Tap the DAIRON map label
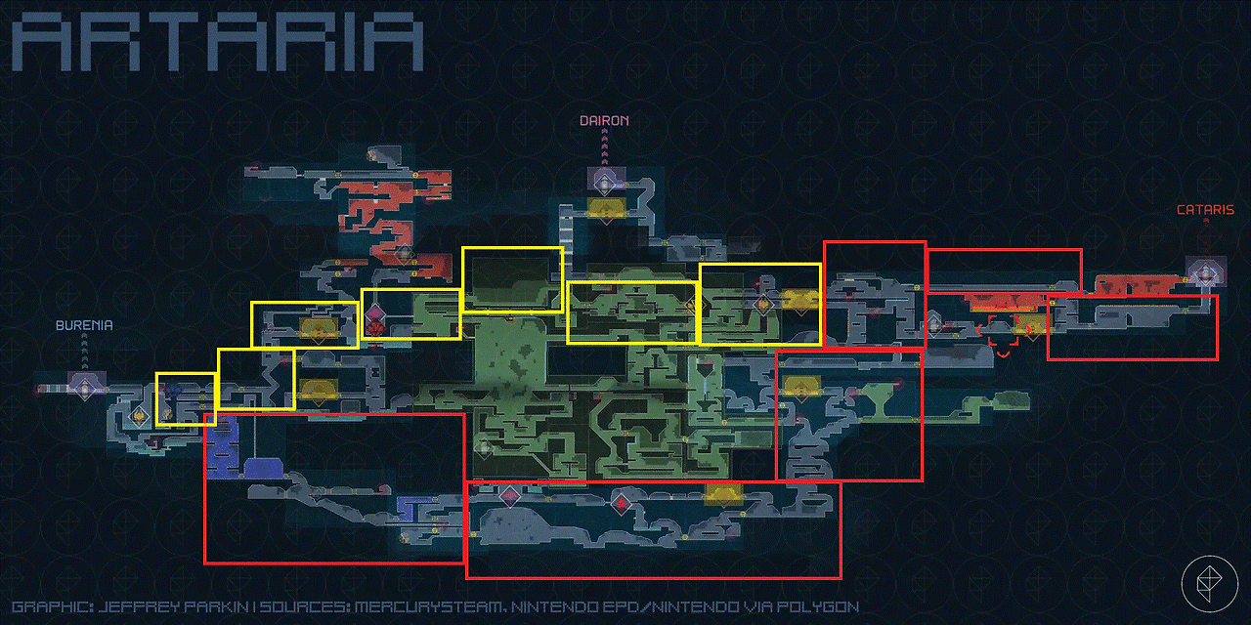604,120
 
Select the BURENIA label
84,325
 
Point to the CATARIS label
1206,210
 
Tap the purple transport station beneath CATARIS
1206,272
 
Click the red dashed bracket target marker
1003,334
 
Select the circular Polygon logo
1210,584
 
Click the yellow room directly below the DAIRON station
607,208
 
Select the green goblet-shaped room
879,397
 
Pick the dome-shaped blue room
263,468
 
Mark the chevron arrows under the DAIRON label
604,146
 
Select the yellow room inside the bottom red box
724,494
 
